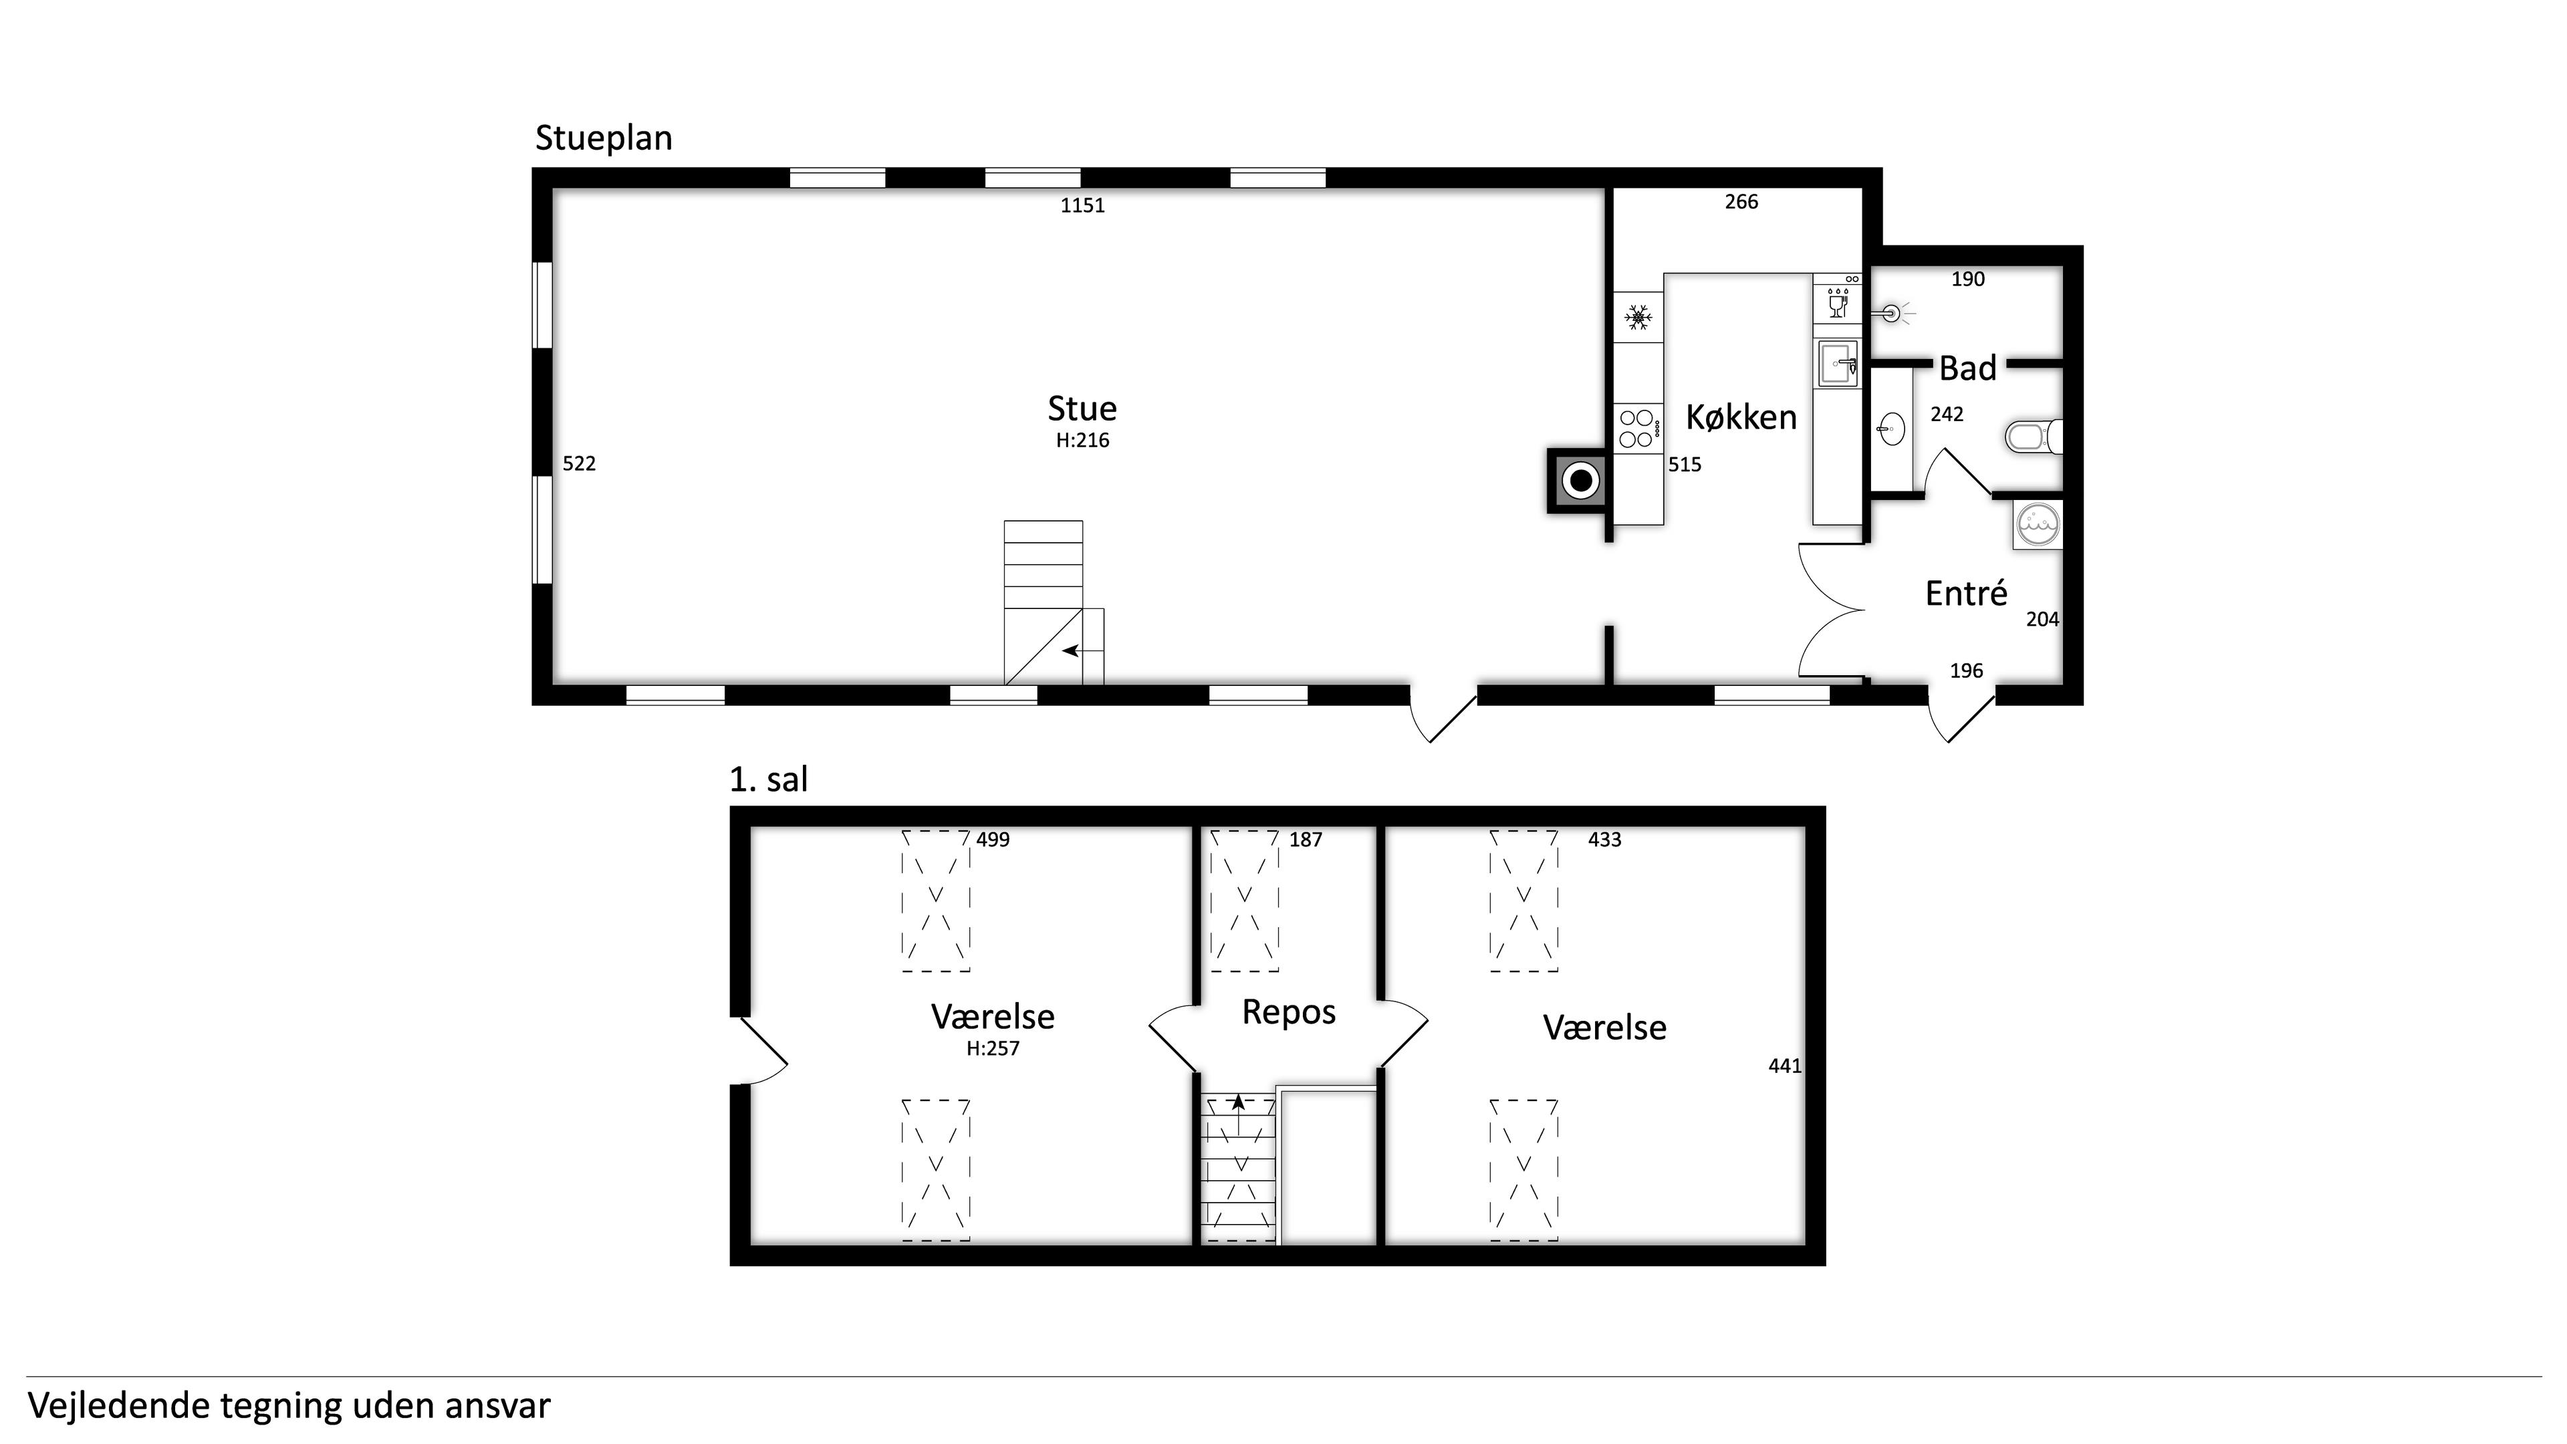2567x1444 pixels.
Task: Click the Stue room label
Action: (1082, 408)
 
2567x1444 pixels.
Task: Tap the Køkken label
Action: (1741, 418)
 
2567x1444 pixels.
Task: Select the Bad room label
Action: (1967, 369)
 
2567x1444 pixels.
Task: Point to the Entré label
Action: (1966, 594)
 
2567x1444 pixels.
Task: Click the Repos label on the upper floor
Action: (1288, 1013)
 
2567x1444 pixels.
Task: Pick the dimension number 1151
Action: (1082, 205)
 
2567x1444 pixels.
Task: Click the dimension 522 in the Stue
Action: (579, 463)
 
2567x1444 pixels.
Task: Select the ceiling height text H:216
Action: (1082, 441)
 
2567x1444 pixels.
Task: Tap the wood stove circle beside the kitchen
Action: (1580, 482)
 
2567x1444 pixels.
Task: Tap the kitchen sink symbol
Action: (1838, 364)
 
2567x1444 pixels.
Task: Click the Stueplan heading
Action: (604, 138)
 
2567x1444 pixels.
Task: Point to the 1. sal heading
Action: (768, 779)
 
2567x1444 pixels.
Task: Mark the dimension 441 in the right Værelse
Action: (1785, 1066)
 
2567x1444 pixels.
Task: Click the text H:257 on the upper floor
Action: (993, 1048)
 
